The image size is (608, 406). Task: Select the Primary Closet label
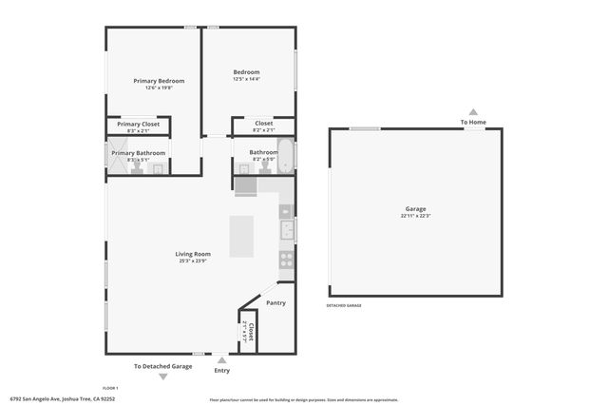[x=139, y=125]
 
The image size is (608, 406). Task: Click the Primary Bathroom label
[x=139, y=153]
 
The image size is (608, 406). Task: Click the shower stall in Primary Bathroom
[x=115, y=159]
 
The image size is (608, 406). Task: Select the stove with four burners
[x=285, y=259]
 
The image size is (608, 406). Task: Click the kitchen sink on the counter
[x=285, y=229]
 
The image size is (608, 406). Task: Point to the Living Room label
[x=192, y=254]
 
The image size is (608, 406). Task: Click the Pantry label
[x=275, y=303]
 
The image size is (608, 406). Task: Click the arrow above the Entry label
[x=222, y=359]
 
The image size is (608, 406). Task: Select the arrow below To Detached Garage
[x=162, y=377]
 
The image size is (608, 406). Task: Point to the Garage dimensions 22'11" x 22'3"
[x=414, y=216]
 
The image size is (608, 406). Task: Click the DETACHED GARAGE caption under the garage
[x=344, y=306]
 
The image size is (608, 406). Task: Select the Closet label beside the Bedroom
[x=264, y=124]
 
